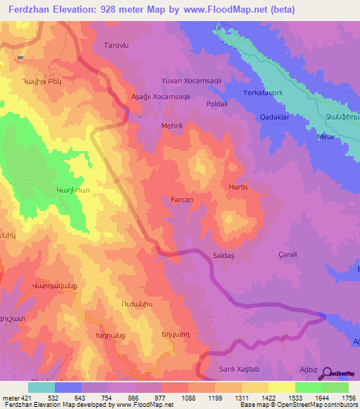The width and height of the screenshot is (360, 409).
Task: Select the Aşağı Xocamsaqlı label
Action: pos(160,97)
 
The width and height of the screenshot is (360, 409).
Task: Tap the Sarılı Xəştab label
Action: pos(240,369)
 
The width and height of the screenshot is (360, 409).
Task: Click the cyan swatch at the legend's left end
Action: pos(41,387)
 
